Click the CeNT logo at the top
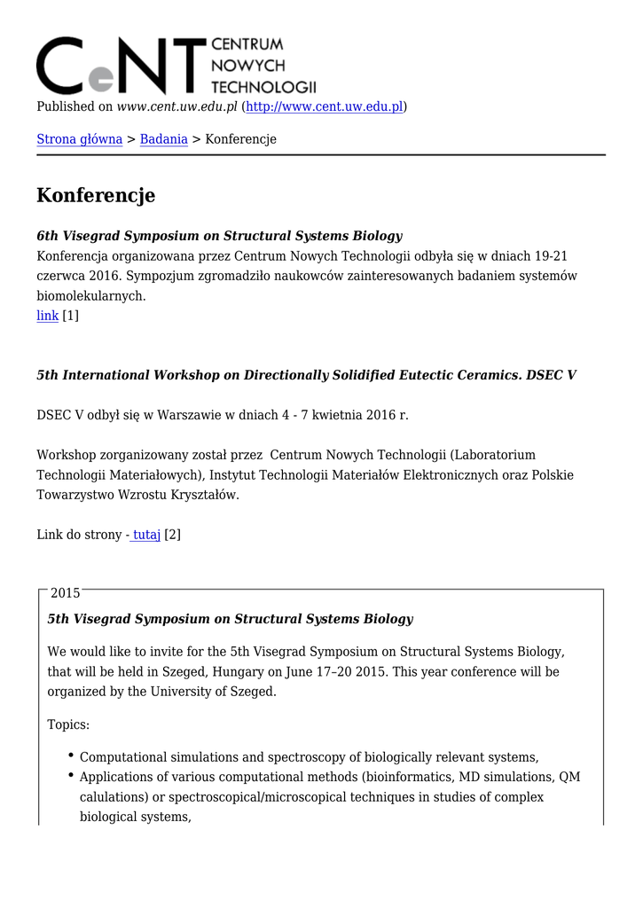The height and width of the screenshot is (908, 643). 176,65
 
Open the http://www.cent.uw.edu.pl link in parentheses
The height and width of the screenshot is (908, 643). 324,106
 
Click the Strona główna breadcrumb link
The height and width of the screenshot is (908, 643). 79,139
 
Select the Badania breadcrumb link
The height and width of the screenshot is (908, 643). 163,139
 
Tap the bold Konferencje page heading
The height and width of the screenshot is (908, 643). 96,195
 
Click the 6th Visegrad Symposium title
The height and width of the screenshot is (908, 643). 219,236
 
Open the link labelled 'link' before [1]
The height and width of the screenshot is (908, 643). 47,316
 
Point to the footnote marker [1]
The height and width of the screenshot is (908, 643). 70,316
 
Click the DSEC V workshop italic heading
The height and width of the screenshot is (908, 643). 306,375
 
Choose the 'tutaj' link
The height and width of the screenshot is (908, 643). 146,535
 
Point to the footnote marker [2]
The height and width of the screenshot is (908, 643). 173,535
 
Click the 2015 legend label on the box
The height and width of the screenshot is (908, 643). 66,593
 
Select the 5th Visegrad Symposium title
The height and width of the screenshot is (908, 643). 230,619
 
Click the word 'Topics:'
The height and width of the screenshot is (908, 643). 68,724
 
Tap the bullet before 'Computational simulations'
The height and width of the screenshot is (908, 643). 70,755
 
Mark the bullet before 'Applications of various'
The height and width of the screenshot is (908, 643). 70,776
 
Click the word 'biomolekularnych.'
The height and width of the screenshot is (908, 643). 90,296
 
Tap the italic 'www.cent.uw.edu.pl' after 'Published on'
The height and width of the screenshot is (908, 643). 177,106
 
